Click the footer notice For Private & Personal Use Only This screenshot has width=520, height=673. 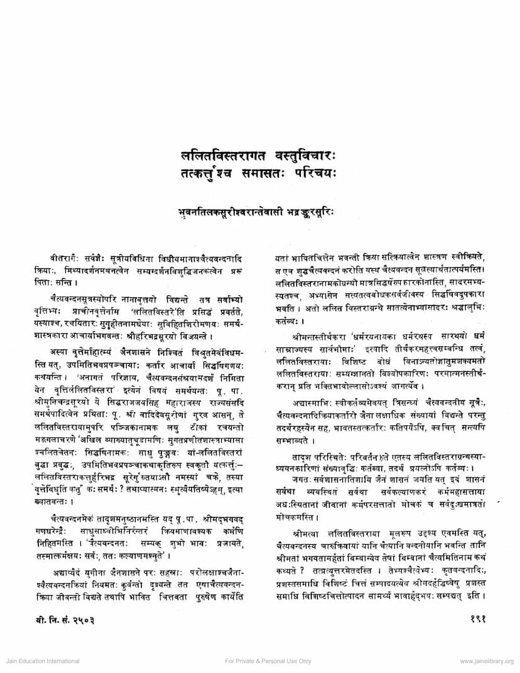pyautogui.click(x=268, y=661)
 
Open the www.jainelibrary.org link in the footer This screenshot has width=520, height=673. pyautogui.click(x=487, y=661)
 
